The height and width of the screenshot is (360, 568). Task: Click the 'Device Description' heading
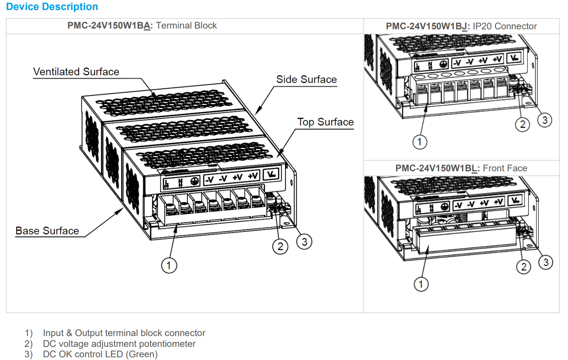click(x=52, y=7)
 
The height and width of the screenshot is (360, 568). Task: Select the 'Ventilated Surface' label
click(x=76, y=72)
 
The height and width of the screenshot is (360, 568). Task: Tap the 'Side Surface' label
click(x=306, y=79)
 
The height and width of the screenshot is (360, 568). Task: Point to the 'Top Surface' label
click(x=325, y=122)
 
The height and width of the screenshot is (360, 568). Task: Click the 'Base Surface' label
click(x=47, y=231)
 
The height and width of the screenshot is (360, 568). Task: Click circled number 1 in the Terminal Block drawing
click(x=169, y=265)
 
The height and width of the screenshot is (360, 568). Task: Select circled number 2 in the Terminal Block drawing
click(x=280, y=246)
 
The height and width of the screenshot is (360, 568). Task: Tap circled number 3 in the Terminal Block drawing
click(x=304, y=242)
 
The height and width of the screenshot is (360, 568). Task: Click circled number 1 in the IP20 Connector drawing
click(x=420, y=142)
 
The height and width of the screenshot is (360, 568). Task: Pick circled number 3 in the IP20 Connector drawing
click(x=544, y=120)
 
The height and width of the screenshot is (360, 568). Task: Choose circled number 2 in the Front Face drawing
click(x=523, y=267)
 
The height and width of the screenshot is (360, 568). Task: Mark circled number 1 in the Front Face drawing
click(x=421, y=284)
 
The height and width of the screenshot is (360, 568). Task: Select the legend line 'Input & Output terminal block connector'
click(x=124, y=333)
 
